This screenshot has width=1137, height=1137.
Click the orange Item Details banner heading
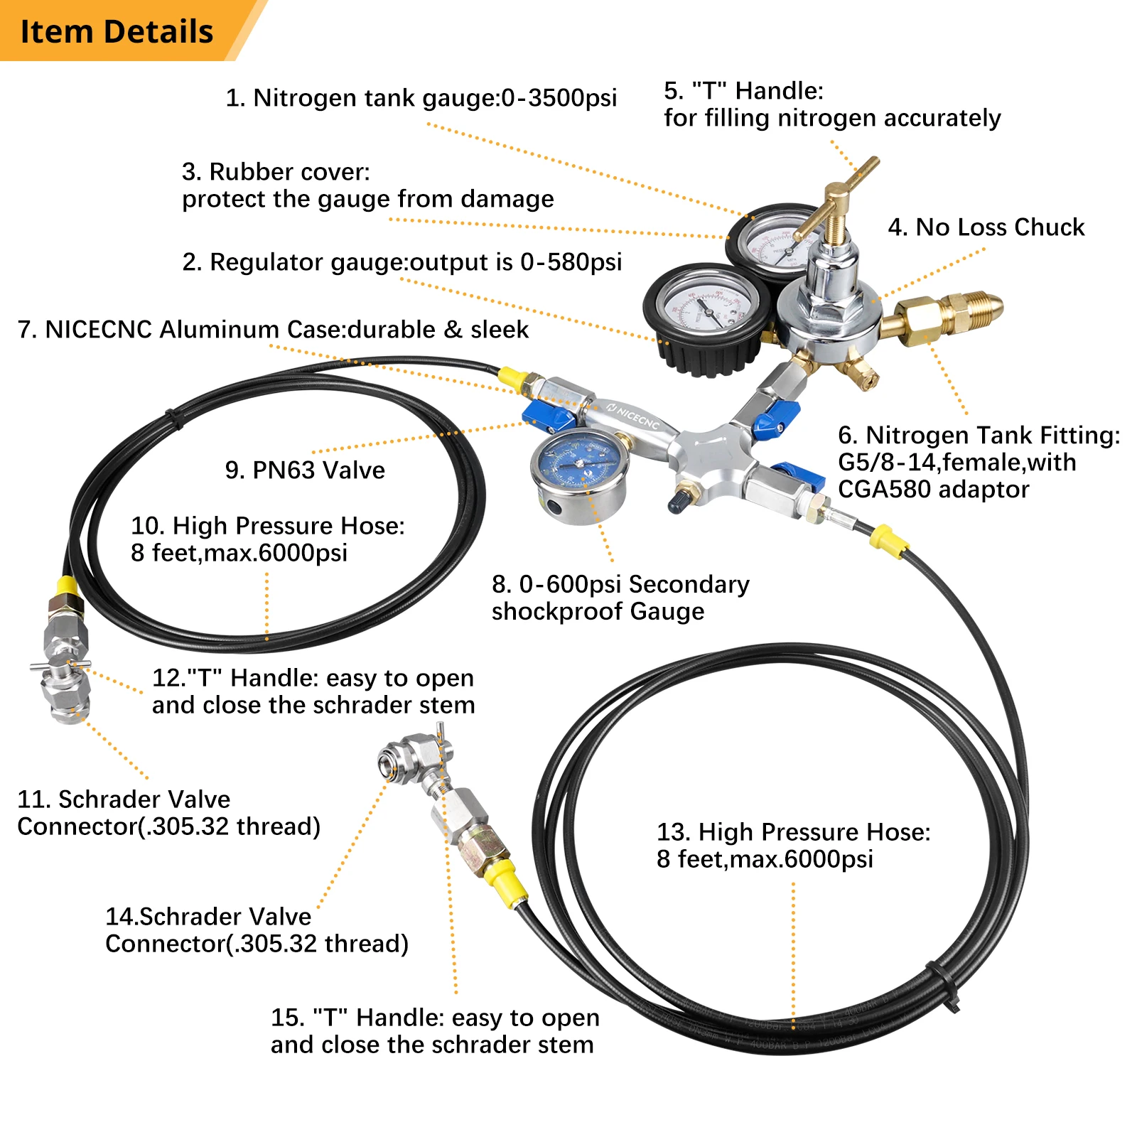pos(117,32)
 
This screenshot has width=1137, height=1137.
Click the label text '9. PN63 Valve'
pos(305,470)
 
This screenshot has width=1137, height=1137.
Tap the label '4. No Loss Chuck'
pos(986,227)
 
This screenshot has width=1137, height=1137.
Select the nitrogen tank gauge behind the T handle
pos(771,242)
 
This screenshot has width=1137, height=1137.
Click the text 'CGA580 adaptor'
pos(933,490)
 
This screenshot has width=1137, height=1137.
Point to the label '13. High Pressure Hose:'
pos(793,832)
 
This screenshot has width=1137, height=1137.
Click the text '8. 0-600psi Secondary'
pos(620,584)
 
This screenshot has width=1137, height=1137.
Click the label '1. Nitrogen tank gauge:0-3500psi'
pos(421,98)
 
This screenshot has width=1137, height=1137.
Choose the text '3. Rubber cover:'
pos(276,172)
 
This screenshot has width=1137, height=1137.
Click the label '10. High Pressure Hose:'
pos(267,526)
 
